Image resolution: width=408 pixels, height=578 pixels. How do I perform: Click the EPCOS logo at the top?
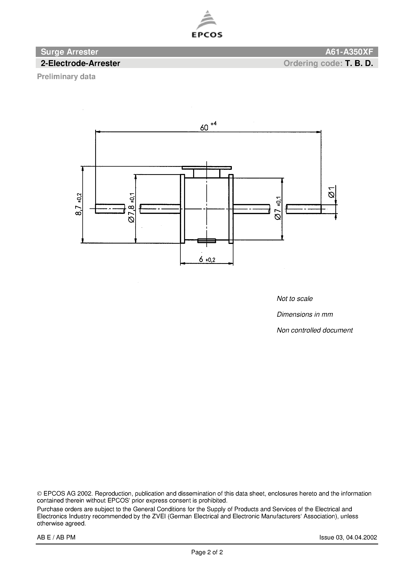tap(207, 25)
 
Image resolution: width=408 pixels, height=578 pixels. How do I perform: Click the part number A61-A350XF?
tap(349, 52)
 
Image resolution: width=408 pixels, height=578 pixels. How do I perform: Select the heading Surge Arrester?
tap(70, 52)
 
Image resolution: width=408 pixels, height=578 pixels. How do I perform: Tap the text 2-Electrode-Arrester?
tap(81, 63)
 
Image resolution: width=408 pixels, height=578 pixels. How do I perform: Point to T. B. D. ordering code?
tap(359, 63)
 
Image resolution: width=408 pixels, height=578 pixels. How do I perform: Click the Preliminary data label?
tap(66, 76)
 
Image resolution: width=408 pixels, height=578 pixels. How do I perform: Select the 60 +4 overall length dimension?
tap(208, 127)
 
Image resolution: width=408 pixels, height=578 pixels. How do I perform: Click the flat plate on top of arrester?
tap(207, 168)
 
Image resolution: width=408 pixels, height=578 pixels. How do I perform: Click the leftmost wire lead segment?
tap(110, 209)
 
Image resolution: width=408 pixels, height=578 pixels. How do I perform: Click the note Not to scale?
tap(295, 298)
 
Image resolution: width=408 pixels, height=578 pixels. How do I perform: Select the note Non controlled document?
tap(314, 330)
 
